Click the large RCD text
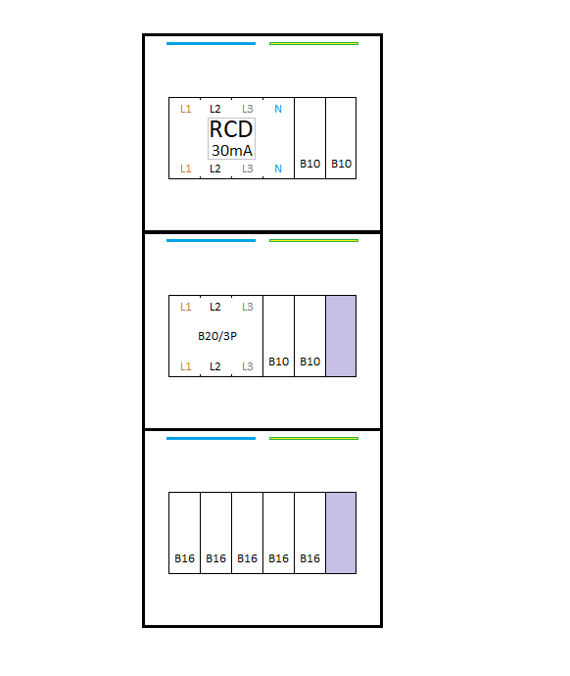pyautogui.click(x=231, y=129)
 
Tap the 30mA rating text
pyautogui.click(x=232, y=151)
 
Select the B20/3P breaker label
pyautogui.click(x=217, y=336)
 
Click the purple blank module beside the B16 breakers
pyautogui.click(x=341, y=533)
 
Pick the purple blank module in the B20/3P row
pyautogui.click(x=341, y=336)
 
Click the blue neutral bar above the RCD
pyautogui.click(x=212, y=43)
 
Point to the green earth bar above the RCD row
pyautogui.click(x=313, y=43)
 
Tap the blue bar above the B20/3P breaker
pyautogui.click(x=212, y=241)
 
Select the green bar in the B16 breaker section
pyautogui.click(x=313, y=439)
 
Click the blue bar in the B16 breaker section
pyautogui.click(x=212, y=439)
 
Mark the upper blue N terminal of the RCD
pyautogui.click(x=278, y=109)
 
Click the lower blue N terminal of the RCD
pyautogui.click(x=278, y=169)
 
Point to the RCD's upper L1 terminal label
pyautogui.click(x=186, y=109)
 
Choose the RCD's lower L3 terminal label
pyautogui.click(x=248, y=169)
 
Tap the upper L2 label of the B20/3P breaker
pyautogui.click(x=215, y=307)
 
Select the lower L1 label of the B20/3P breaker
pyautogui.click(x=186, y=366)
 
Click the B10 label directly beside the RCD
pyautogui.click(x=310, y=164)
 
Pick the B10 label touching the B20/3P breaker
pyautogui.click(x=279, y=362)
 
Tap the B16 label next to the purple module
pyautogui.click(x=310, y=558)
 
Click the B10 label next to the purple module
pyautogui.click(x=310, y=362)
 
